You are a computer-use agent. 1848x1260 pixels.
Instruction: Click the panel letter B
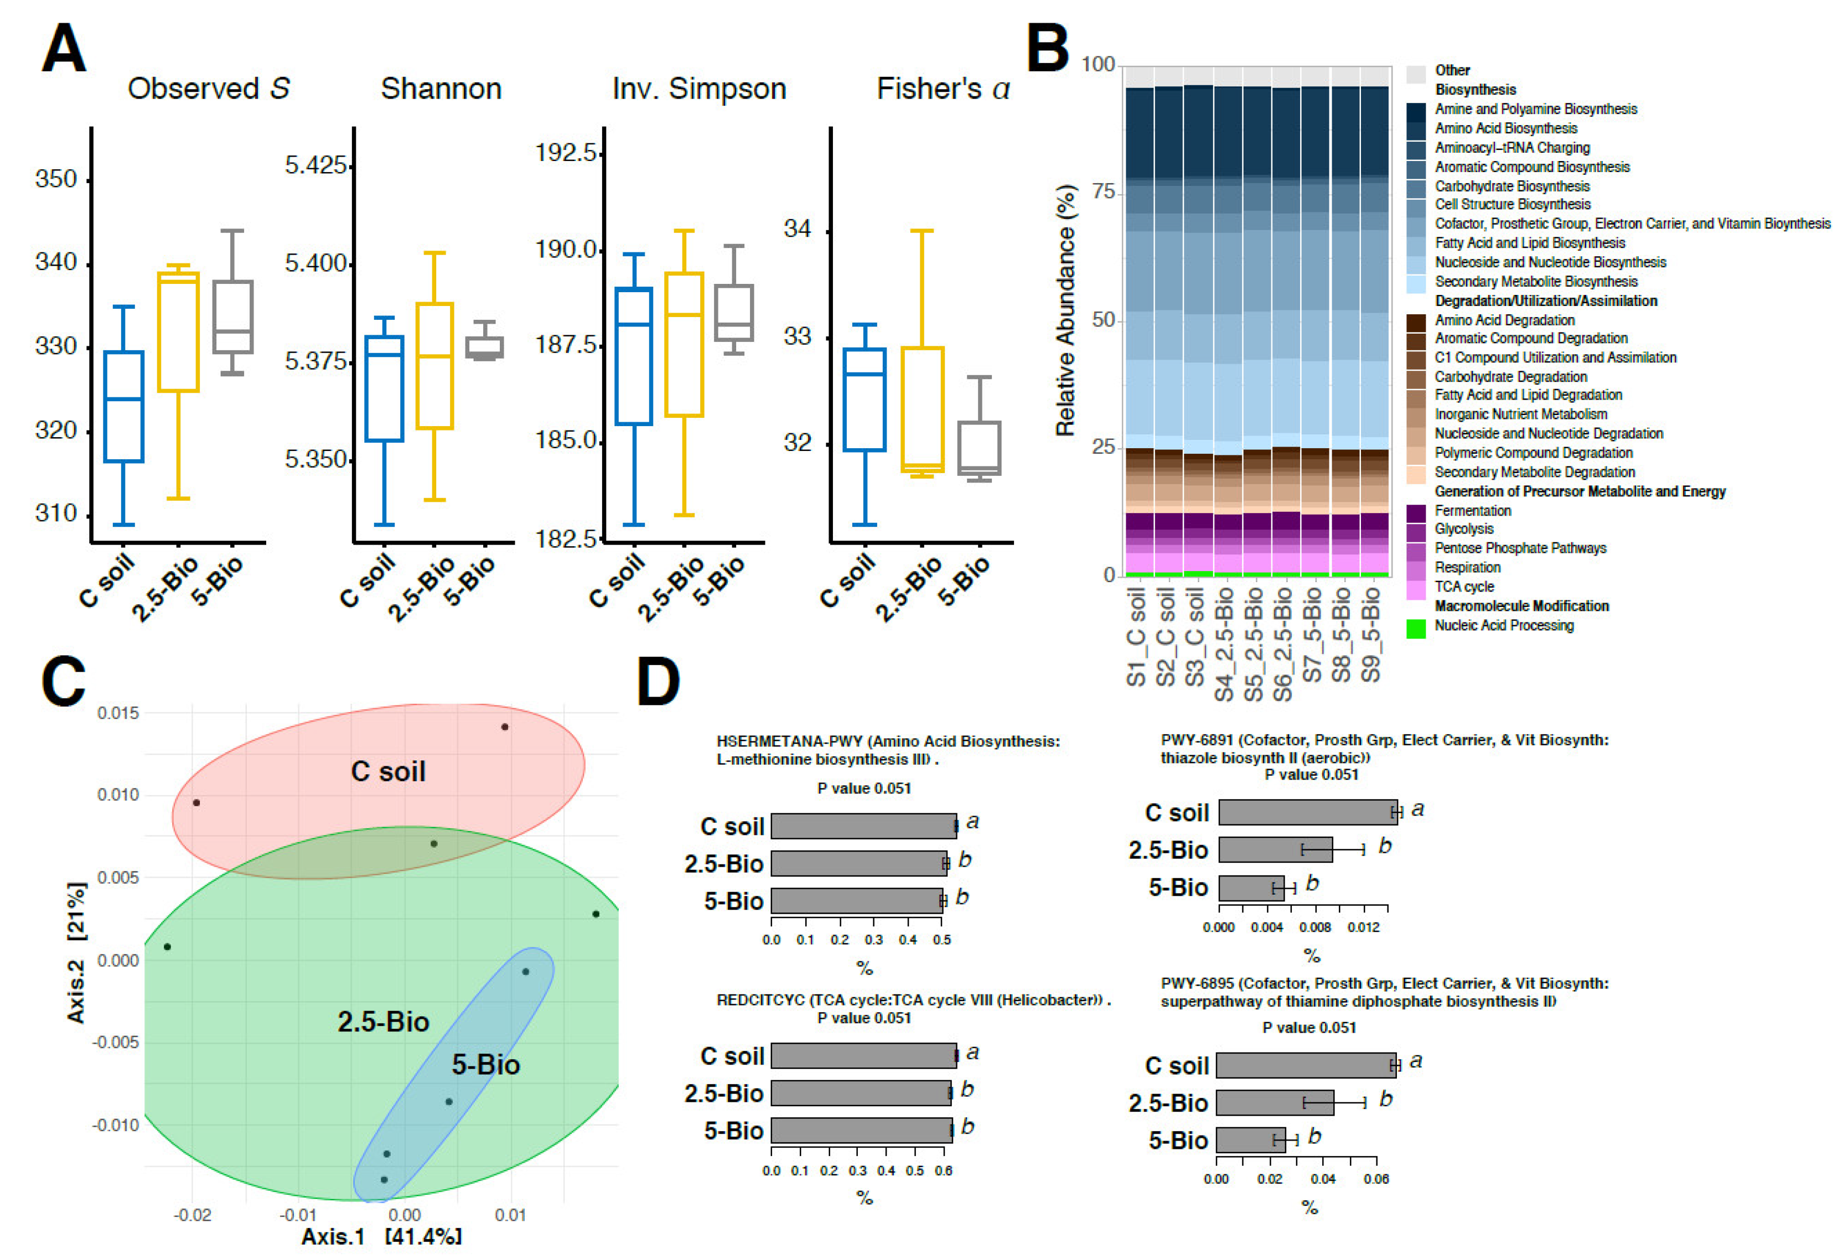pyautogui.click(x=1048, y=48)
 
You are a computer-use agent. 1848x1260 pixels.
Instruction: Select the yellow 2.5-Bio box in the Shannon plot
pyautogui.click(x=434, y=366)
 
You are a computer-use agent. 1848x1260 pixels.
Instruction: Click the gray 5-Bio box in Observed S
pyautogui.click(x=232, y=317)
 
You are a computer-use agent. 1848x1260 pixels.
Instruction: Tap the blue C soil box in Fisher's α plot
pyautogui.click(x=865, y=399)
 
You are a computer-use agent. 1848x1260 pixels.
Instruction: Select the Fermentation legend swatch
pyautogui.click(x=1415, y=512)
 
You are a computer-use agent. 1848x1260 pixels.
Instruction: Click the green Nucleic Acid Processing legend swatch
pyautogui.click(x=1415, y=628)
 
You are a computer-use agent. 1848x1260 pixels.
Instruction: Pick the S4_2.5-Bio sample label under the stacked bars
pyautogui.click(x=1225, y=644)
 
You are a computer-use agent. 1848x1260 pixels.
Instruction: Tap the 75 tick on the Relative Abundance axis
pyautogui.click(x=1104, y=193)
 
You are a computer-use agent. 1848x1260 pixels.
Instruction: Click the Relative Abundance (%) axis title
pyautogui.click(x=1065, y=310)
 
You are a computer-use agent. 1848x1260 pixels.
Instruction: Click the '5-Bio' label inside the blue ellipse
pyautogui.click(x=486, y=1065)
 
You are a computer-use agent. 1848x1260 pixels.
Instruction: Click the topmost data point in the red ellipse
pyautogui.click(x=505, y=727)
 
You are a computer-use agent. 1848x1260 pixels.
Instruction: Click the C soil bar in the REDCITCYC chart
pyautogui.click(x=863, y=1056)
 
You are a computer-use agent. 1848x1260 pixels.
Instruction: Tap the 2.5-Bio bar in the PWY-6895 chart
pyautogui.click(x=1274, y=1103)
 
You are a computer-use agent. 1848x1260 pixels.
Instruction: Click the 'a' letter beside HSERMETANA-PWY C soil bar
pyautogui.click(x=972, y=822)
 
